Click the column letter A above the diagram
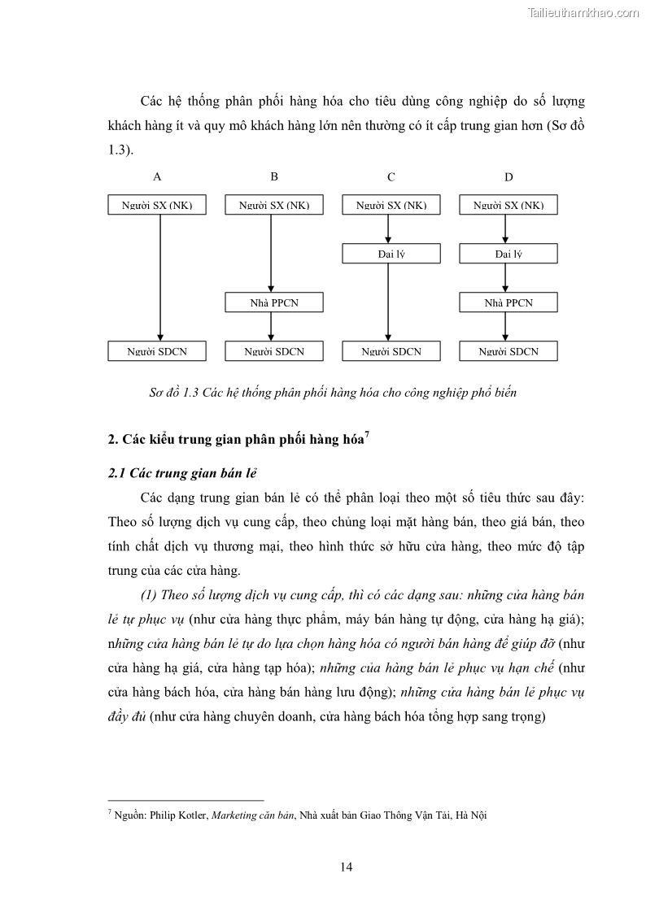click(x=157, y=176)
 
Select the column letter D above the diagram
click(x=509, y=176)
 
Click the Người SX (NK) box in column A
click(x=157, y=205)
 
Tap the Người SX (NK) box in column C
click(x=391, y=205)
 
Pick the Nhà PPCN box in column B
click(x=274, y=302)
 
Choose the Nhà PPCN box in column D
click(x=509, y=302)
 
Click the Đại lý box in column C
click(x=391, y=254)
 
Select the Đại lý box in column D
click(x=509, y=254)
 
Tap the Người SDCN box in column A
click(x=157, y=351)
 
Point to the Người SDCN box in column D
click(x=509, y=351)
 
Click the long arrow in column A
click(x=160, y=276)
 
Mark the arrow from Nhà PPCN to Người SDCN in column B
click(x=271, y=327)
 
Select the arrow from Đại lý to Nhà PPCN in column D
click(x=505, y=278)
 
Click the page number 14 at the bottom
click(x=346, y=867)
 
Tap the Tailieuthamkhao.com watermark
click(x=583, y=12)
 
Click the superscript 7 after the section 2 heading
click(x=367, y=435)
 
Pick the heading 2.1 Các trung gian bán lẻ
click(x=182, y=474)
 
